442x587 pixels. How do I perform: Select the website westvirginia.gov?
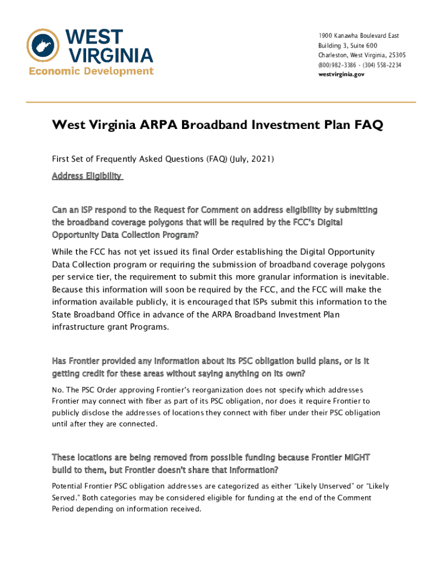pos(342,75)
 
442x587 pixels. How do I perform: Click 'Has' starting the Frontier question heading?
pos(60,361)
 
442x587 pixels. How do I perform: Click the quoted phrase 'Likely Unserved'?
pos(322,486)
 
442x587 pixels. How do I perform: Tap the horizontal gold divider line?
pos(221,102)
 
